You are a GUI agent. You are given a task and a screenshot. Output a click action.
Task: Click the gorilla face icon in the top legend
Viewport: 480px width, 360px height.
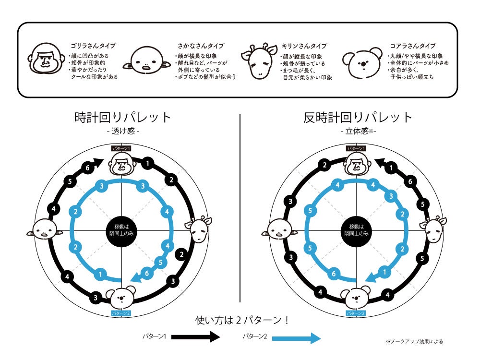point(47,60)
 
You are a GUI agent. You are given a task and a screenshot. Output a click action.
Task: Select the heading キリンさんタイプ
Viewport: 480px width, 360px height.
point(304,46)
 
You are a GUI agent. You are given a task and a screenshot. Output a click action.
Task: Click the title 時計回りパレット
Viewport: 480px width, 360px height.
point(123,117)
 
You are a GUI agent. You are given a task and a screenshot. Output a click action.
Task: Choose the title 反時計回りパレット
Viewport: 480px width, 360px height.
point(358,117)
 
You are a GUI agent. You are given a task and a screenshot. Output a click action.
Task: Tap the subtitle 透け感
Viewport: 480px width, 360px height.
point(123,131)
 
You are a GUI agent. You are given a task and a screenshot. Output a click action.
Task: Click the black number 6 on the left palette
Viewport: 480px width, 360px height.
point(87,168)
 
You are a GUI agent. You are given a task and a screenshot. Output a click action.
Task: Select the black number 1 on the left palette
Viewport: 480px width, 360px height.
point(147,164)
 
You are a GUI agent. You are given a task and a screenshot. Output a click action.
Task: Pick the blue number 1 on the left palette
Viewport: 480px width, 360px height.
point(100,274)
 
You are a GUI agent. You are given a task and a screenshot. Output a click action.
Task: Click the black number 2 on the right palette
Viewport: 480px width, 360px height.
point(325,166)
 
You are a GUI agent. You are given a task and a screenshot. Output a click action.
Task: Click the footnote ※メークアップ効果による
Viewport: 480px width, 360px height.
point(414,342)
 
